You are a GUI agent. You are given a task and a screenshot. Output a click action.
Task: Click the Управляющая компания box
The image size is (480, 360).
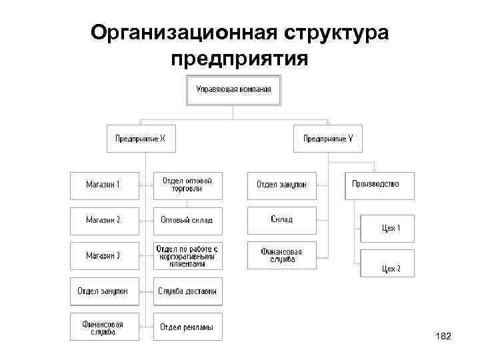[233, 90]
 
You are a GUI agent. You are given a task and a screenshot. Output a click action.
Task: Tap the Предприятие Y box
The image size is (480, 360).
[328, 139]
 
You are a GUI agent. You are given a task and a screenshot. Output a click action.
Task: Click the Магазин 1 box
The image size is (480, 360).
[104, 185]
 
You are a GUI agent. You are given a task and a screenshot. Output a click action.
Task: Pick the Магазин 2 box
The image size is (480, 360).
[104, 219]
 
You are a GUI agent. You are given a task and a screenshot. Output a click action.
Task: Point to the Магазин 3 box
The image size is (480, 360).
[104, 255]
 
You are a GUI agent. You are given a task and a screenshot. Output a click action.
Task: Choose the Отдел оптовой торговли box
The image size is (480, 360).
[187, 185]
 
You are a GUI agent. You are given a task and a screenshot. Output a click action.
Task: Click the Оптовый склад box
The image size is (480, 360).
[187, 219]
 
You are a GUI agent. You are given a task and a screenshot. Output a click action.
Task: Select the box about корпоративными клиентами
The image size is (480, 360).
[187, 255]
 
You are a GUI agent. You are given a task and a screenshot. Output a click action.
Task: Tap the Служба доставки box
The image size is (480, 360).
[187, 291]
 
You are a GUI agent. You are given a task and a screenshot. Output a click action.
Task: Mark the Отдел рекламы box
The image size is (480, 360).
[187, 327]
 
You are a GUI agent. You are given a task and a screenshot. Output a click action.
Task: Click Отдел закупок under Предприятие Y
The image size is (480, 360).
[281, 185]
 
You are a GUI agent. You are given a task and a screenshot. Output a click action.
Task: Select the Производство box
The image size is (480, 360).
[379, 185]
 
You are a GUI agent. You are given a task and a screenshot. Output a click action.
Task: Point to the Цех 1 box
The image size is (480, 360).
[387, 228]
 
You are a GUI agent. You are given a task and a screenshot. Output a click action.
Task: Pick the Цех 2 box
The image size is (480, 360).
[387, 264]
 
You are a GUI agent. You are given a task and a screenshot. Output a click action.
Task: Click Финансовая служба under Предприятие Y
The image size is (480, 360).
[281, 255]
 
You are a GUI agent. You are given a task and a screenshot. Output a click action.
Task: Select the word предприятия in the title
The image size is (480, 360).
[239, 59]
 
